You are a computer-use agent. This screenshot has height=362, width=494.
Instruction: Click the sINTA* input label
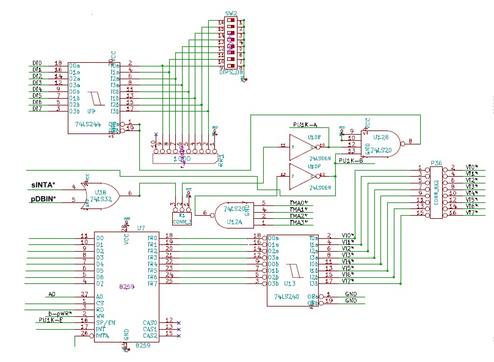coord(43,185)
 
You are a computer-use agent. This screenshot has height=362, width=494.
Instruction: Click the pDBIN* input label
coord(44,199)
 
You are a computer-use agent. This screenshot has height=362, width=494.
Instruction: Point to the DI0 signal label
coord(37,63)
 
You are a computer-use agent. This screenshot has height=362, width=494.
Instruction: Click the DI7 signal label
coord(37,109)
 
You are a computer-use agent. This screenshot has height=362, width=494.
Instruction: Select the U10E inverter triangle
coord(302,147)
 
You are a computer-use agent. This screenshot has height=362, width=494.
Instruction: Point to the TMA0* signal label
coord(299,202)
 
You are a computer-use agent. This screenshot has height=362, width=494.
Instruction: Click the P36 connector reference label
coord(436,162)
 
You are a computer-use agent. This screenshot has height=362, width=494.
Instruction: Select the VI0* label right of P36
coord(471,166)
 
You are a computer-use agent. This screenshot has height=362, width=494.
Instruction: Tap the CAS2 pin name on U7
coord(149,336)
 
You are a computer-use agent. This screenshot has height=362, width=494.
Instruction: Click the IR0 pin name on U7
coord(152,237)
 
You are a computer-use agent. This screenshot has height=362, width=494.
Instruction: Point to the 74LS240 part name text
coord(287,297)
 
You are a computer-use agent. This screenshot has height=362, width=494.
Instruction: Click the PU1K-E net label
coord(51,320)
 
